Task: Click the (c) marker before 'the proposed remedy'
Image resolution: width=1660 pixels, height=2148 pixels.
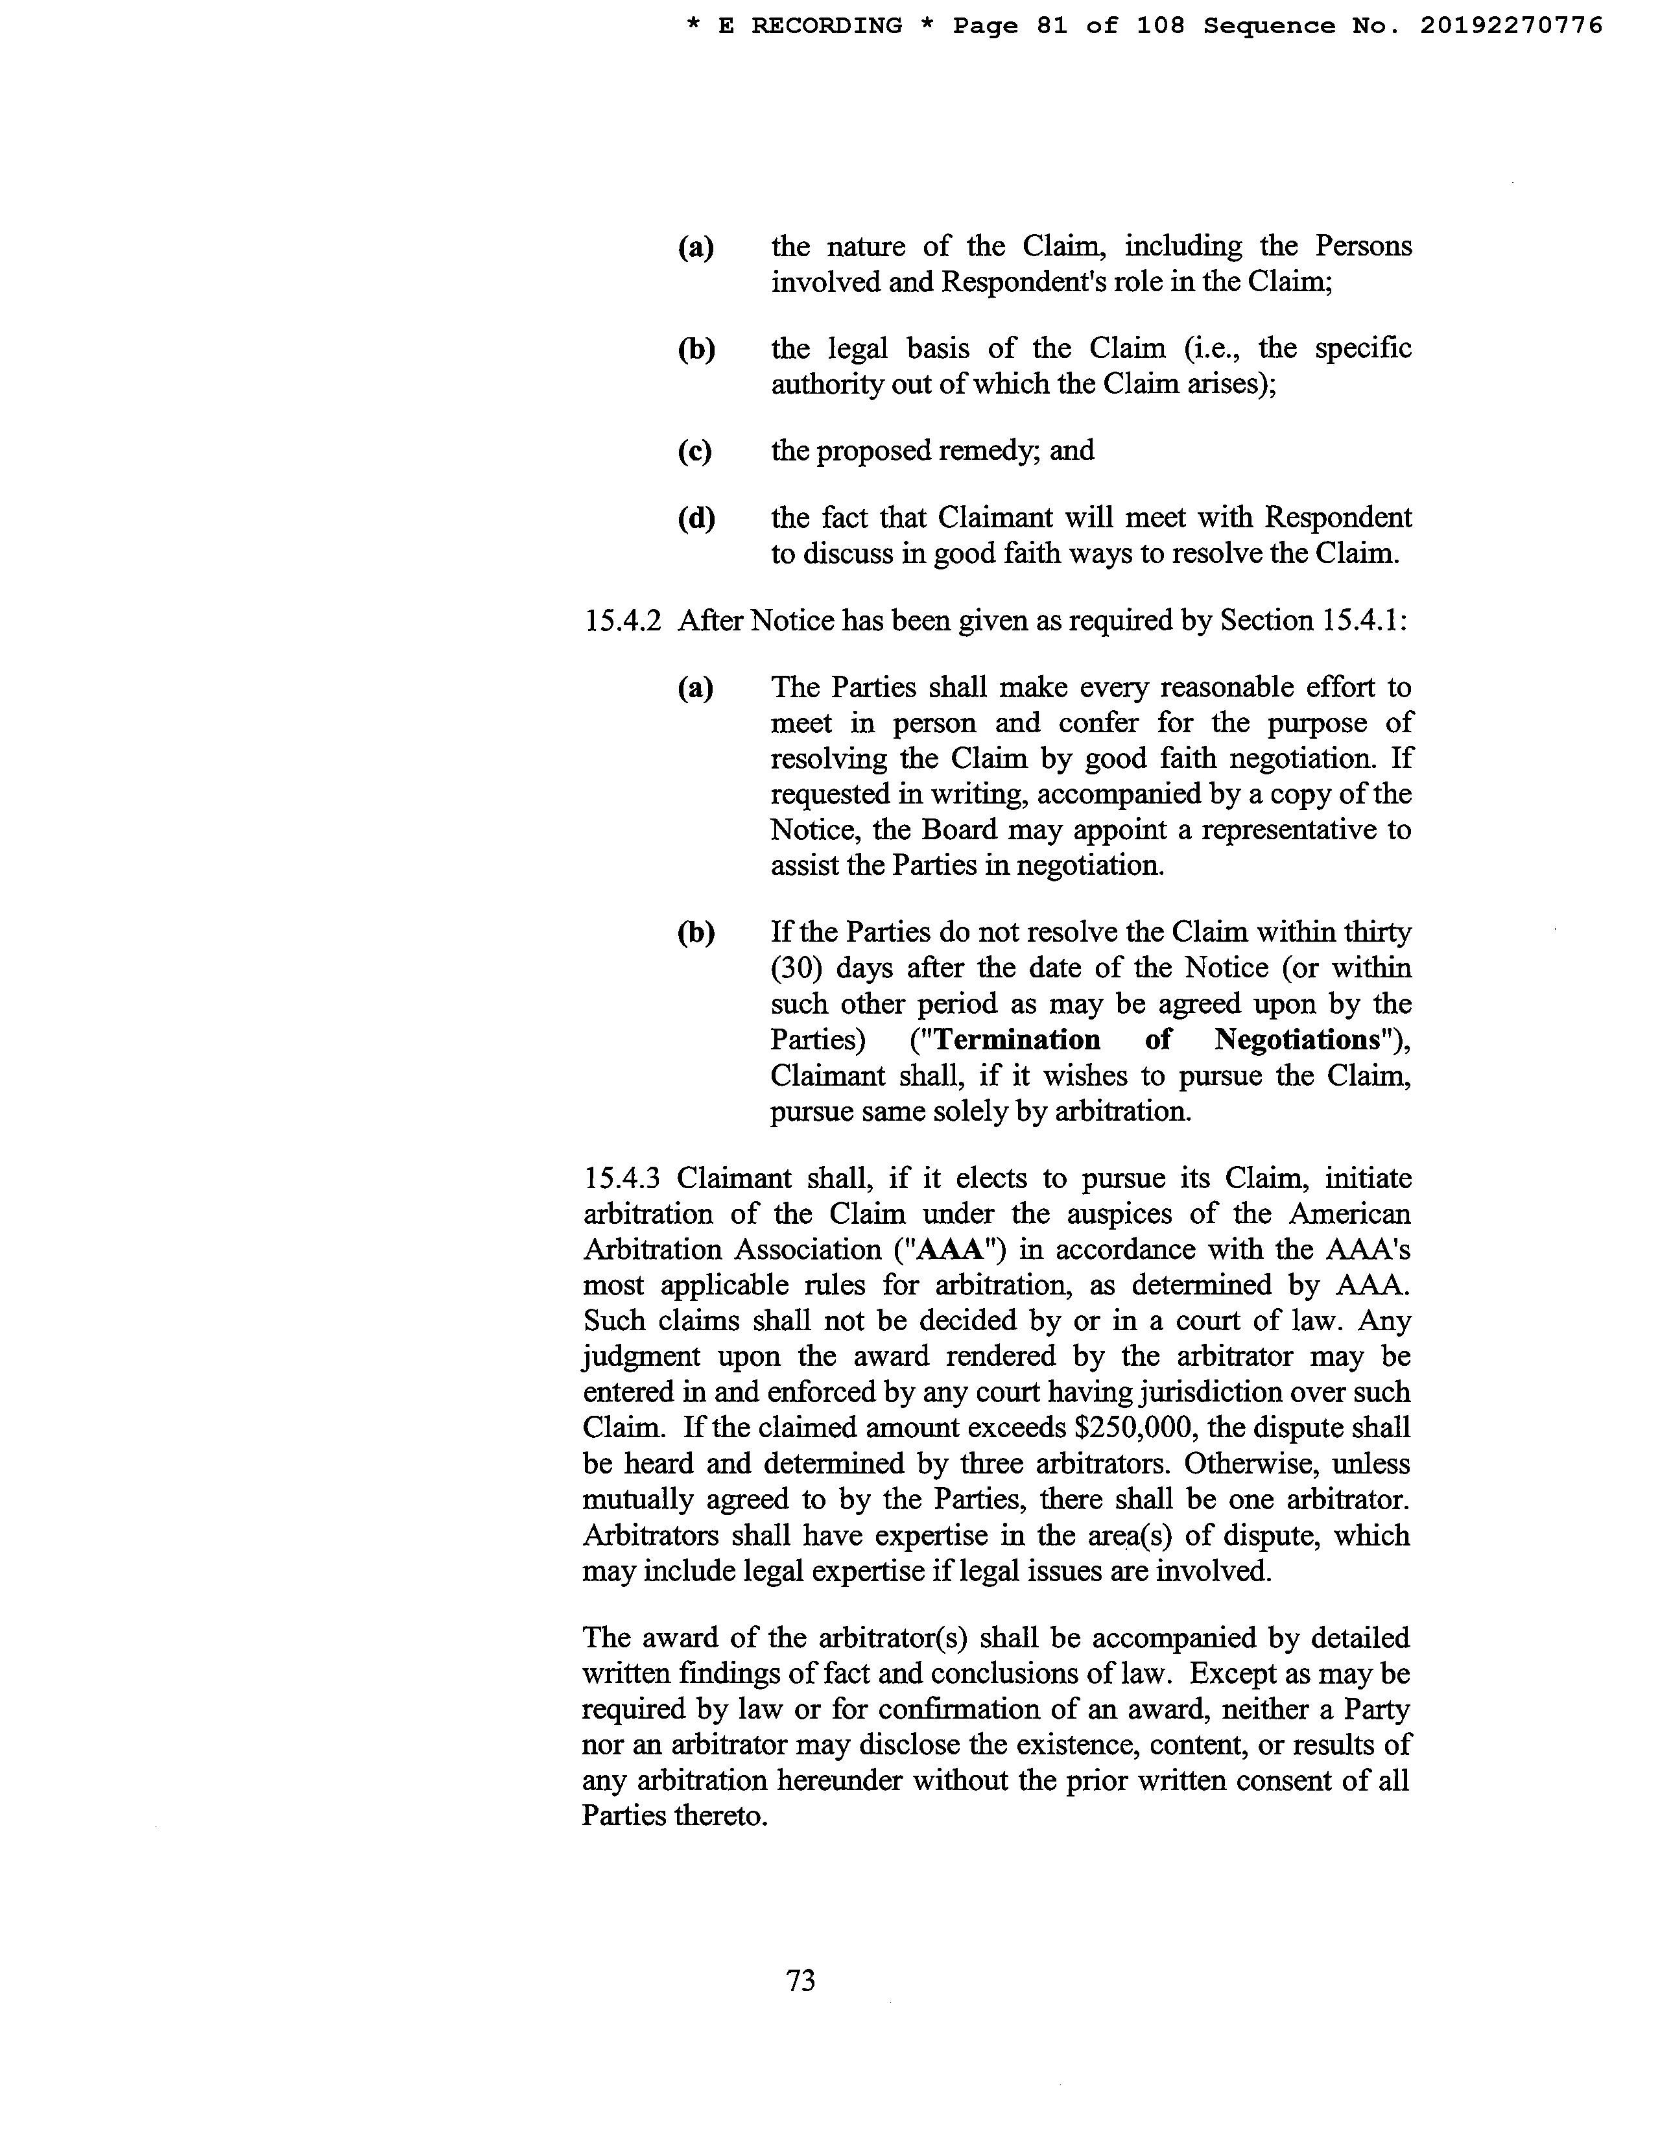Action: (694, 451)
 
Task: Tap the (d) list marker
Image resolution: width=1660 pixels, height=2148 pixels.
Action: (695, 518)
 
